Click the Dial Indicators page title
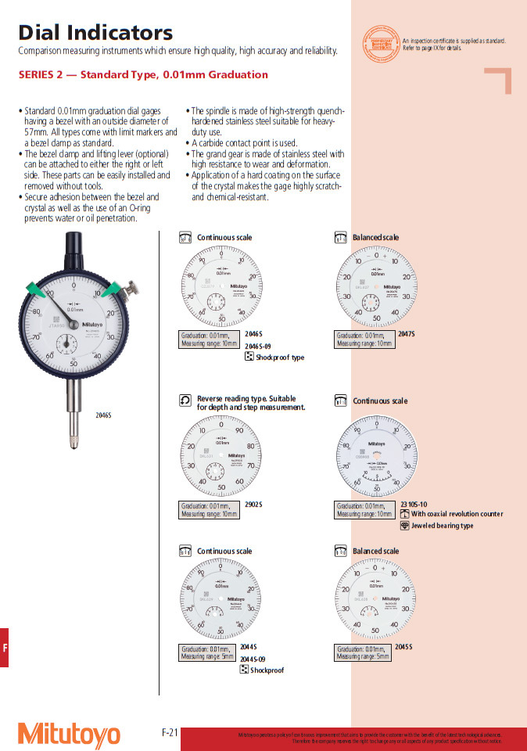coord(95,33)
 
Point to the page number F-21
coord(170,732)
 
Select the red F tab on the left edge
coord(5,647)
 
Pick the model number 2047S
coord(407,334)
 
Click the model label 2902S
coord(253,505)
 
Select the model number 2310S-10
coord(414,505)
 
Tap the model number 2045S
coord(403,647)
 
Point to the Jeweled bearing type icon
coord(404,526)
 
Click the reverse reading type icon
coord(185,401)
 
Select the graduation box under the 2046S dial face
coord(210,339)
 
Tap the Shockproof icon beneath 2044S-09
coord(244,670)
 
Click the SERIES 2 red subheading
coord(143,75)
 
